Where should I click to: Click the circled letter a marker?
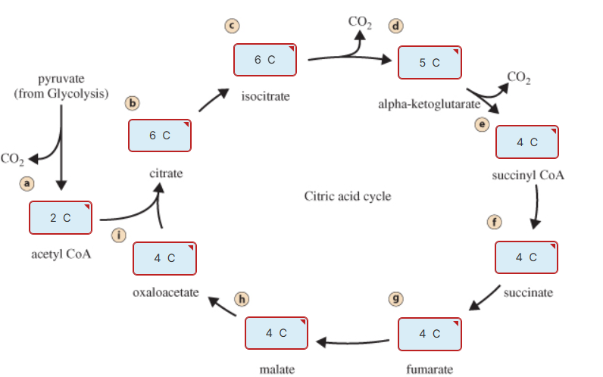click(x=27, y=183)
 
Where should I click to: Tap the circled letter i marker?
click(x=118, y=235)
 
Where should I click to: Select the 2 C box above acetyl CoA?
click(x=61, y=218)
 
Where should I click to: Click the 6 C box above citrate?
click(x=160, y=136)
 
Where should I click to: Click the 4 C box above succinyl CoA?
click(x=526, y=142)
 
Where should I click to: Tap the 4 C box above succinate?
click(x=526, y=257)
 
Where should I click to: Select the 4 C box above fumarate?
click(x=430, y=334)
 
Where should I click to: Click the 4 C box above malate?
click(x=277, y=333)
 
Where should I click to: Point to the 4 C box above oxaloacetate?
click(x=164, y=258)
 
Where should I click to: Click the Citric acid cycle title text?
click(x=348, y=197)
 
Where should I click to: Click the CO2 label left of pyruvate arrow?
click(x=12, y=159)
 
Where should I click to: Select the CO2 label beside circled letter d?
click(x=360, y=21)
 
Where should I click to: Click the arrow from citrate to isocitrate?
click(x=214, y=99)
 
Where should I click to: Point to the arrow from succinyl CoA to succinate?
click(x=536, y=204)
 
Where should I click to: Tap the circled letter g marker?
click(x=394, y=298)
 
